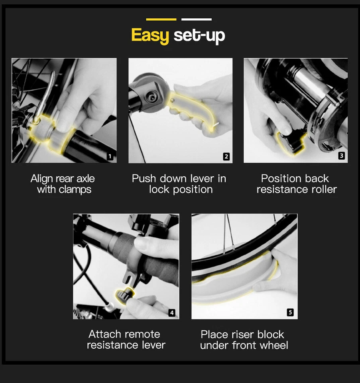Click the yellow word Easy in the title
point(150,36)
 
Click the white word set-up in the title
point(199,36)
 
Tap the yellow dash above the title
point(161,19)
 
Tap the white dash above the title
point(196,19)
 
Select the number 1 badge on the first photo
point(110,156)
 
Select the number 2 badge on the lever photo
point(226,156)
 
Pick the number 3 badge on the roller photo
point(341,156)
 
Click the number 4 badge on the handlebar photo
point(172,313)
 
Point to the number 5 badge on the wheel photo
point(290,313)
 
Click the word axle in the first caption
point(85,178)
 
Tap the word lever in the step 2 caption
point(202,178)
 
